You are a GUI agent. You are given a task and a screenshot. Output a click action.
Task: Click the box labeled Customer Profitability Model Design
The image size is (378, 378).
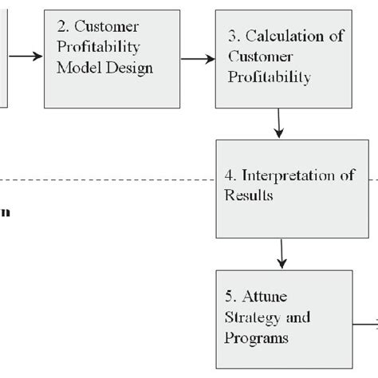106,58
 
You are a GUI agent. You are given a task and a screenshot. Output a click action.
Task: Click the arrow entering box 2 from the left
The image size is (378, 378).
27,56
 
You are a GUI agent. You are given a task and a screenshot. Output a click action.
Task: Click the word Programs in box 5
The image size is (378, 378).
256,338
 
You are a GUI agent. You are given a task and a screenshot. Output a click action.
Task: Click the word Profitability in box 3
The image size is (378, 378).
268,78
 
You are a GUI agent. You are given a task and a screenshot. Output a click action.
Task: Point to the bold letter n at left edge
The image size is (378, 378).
4,213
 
